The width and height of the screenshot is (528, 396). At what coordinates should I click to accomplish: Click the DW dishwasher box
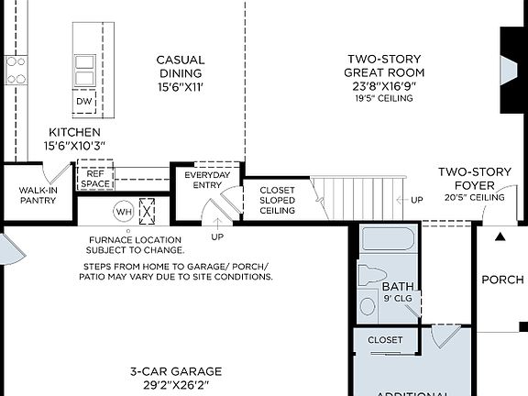tap(84, 101)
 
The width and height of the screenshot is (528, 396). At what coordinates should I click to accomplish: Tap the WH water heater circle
tap(123, 212)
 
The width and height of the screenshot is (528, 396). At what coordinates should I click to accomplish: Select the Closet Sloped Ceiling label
tap(277, 200)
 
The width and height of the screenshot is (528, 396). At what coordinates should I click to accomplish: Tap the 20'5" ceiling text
tap(474, 197)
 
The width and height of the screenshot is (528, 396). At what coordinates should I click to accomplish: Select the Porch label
tap(502, 280)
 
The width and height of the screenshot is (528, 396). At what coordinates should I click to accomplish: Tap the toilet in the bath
tap(368, 306)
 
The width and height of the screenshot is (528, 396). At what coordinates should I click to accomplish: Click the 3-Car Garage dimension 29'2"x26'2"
tap(175, 385)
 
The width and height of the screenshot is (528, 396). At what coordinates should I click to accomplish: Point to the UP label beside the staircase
tap(417, 199)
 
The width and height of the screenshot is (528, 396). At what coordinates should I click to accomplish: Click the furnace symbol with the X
tap(145, 212)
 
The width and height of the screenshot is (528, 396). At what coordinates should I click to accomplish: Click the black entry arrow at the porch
tap(500, 237)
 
